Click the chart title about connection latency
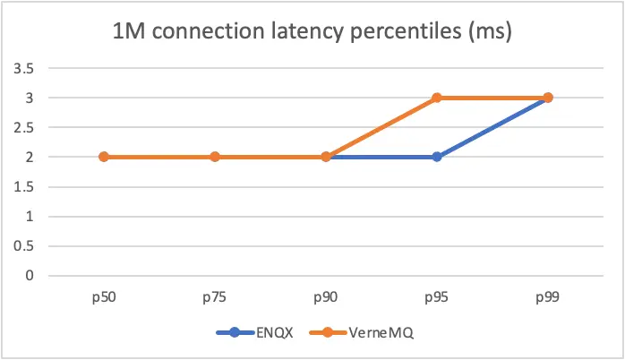(x=311, y=34)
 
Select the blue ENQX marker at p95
(x=437, y=157)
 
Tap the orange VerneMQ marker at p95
(x=437, y=98)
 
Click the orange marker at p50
(x=104, y=157)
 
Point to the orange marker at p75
(x=215, y=157)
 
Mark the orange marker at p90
(x=326, y=157)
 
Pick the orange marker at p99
(x=548, y=98)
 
